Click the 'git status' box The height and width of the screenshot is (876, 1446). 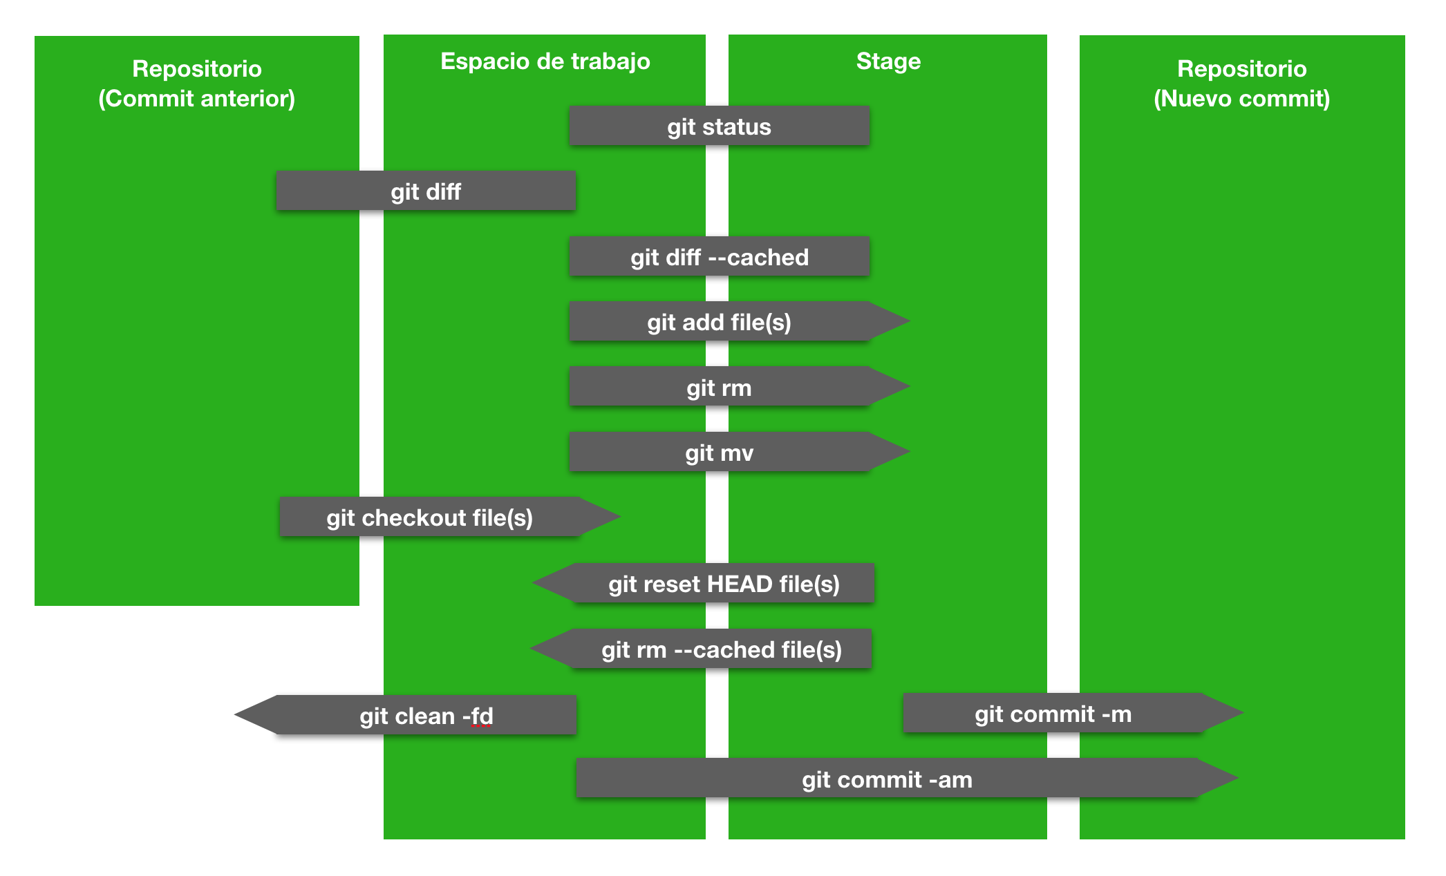(x=719, y=126)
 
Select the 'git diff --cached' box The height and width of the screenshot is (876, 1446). (x=719, y=257)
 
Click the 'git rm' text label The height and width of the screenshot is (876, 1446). (x=719, y=388)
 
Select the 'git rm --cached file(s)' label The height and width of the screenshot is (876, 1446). (x=722, y=649)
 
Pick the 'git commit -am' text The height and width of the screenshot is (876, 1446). (x=887, y=779)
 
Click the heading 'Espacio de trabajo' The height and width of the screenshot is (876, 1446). (x=545, y=61)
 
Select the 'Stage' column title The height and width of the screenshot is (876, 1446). (x=888, y=61)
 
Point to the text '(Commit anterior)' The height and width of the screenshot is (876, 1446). (x=197, y=99)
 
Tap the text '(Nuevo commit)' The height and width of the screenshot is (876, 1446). (x=1241, y=99)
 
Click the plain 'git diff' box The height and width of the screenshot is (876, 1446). (x=426, y=191)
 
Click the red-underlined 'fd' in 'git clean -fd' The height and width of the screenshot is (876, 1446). (x=482, y=716)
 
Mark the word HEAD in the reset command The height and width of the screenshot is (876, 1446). (x=739, y=584)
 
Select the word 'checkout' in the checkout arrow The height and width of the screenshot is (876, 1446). (x=414, y=518)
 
